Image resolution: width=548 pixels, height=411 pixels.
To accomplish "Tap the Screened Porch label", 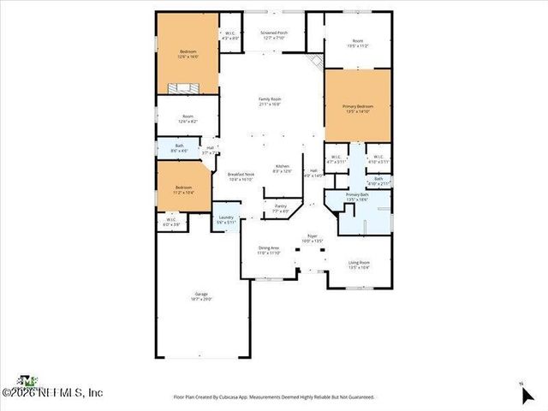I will click(x=274, y=34).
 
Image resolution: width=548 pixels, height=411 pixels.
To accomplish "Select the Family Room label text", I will click(x=270, y=101).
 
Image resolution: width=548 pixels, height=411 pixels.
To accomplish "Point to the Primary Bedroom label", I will click(x=358, y=108).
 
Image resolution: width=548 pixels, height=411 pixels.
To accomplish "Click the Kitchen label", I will click(x=282, y=168).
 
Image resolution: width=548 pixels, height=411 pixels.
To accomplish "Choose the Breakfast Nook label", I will click(x=239, y=176).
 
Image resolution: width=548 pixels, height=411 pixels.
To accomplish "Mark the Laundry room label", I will click(x=226, y=219).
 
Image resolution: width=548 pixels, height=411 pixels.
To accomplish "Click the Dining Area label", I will click(x=270, y=249).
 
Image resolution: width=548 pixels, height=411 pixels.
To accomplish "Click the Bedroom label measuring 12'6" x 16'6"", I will click(x=188, y=54).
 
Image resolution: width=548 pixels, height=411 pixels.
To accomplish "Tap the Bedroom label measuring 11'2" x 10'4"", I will click(x=184, y=189).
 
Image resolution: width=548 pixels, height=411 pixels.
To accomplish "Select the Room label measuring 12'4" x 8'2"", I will click(x=187, y=121).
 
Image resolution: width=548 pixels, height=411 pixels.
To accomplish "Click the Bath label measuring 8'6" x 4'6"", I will click(x=179, y=148).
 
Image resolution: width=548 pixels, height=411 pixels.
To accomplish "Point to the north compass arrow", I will click(x=526, y=394).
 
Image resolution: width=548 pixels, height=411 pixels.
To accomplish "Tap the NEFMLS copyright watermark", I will click(x=53, y=392).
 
